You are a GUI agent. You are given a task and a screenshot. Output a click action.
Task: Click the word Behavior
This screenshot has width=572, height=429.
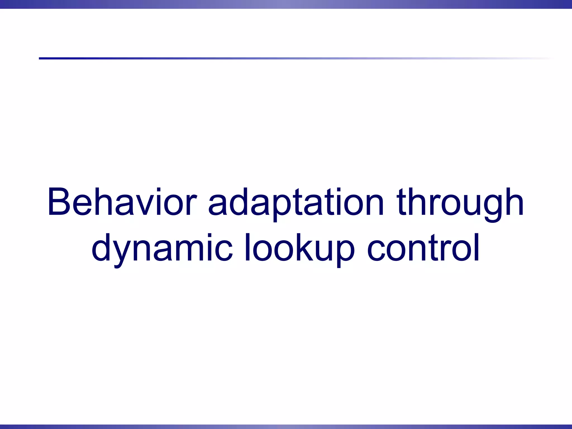(122, 202)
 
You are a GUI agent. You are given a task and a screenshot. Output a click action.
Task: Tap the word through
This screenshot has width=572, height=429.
(460, 202)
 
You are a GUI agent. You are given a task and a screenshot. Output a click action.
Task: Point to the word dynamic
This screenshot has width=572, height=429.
(162, 248)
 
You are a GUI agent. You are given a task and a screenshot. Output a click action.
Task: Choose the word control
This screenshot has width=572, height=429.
(423, 248)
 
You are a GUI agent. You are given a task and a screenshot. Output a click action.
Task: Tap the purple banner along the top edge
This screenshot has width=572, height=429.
(286, 4)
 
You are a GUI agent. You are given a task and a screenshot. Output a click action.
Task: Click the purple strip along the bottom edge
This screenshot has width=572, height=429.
(286, 426)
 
